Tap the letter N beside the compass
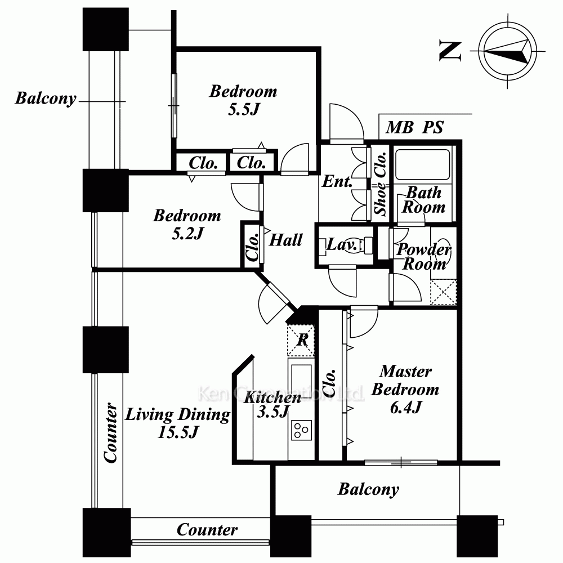[x=450, y=51]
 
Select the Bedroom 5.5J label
[x=243, y=100]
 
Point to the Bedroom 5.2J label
[x=187, y=224]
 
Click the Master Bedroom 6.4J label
[x=405, y=389]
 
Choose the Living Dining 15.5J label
[x=177, y=423]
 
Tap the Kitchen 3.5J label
[x=272, y=404]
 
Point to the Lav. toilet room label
[x=342, y=245]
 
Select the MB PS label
[x=414, y=128]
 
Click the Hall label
[x=286, y=240]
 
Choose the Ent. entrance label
[x=337, y=182]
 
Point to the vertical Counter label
[x=111, y=432]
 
